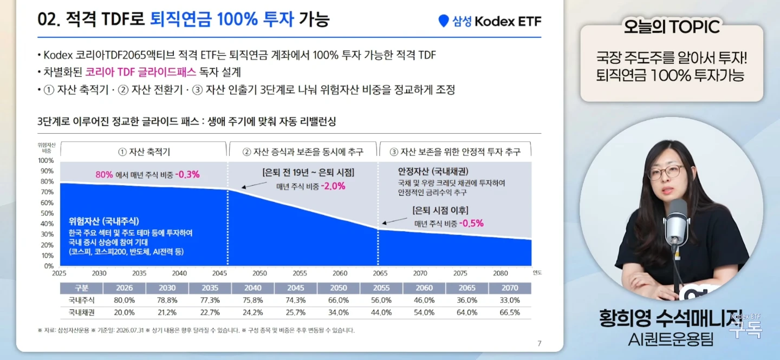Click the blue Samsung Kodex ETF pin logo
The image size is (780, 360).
(x=443, y=21)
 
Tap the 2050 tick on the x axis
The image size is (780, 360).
(x=259, y=273)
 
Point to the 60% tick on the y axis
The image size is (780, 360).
(x=47, y=202)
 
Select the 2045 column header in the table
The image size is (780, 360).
(x=296, y=288)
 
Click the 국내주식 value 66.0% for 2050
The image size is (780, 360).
(x=339, y=300)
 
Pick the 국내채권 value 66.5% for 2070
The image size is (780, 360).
(x=510, y=313)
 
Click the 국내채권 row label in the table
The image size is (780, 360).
(x=81, y=313)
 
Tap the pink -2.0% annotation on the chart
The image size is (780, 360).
(x=333, y=186)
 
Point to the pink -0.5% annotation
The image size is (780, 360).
(x=471, y=223)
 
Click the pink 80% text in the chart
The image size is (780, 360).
(x=104, y=174)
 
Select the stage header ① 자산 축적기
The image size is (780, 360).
(x=144, y=152)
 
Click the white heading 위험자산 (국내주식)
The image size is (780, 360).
(x=104, y=221)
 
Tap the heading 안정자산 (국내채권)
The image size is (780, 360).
(x=433, y=171)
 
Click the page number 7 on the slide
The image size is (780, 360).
(x=539, y=344)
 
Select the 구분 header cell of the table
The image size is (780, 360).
(x=81, y=288)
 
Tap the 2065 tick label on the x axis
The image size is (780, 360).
(x=380, y=273)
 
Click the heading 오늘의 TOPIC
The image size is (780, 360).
(x=671, y=27)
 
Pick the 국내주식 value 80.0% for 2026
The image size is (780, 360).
(x=125, y=300)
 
